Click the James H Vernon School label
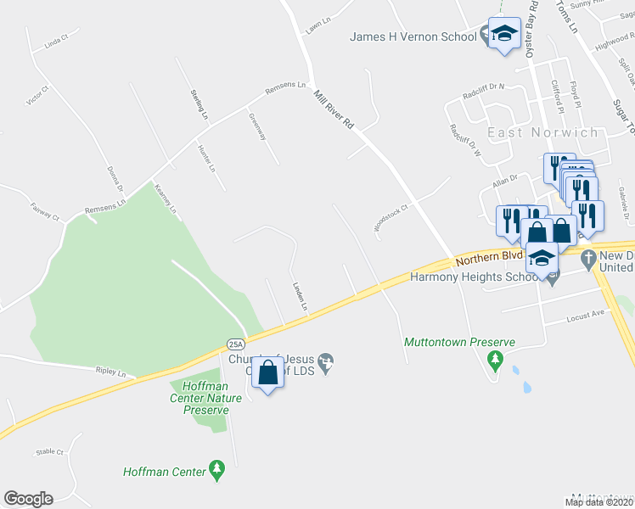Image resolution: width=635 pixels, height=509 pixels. pos(413,36)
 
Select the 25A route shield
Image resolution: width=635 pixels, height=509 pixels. pos(236,344)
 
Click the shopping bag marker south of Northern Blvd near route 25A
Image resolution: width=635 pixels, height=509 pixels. pos(267,373)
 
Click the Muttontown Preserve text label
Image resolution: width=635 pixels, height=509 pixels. pos(459,343)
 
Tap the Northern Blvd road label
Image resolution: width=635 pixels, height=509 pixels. pos(489,255)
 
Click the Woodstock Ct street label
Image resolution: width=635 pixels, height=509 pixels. pos(392,217)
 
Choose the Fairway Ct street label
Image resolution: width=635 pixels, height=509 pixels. pos(46,210)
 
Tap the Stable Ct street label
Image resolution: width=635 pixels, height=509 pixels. pos(50,452)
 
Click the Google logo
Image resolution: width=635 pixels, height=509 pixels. pos(28,499)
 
